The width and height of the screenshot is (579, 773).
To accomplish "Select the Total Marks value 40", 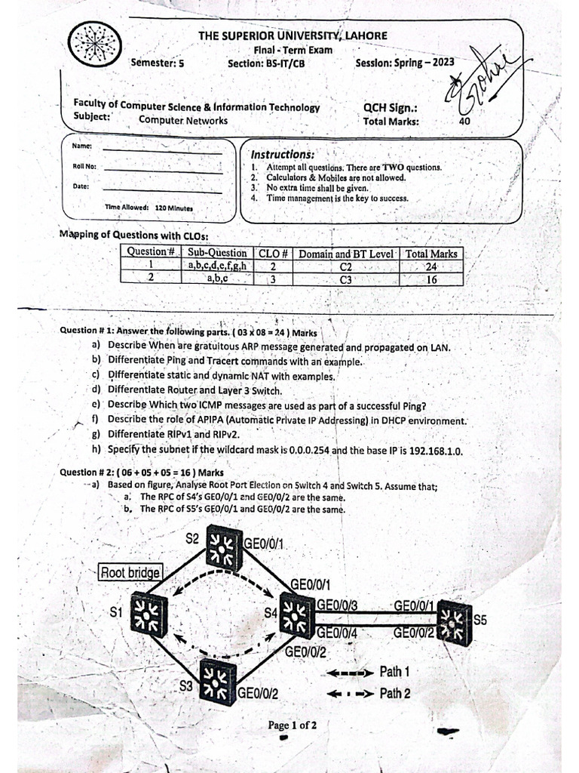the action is tap(464, 121).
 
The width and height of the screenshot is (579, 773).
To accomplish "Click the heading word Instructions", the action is tap(283, 154).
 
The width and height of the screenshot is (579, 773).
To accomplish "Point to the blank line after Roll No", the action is tap(162, 171).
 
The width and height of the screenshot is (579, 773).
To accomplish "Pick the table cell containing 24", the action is tap(431, 266).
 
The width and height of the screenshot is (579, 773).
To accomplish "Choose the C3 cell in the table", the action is tap(346, 279).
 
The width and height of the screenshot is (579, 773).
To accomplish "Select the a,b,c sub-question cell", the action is tap(217, 279).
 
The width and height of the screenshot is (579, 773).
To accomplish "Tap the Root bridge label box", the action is tap(130, 572).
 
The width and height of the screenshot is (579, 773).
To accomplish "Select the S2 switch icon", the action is tap(223, 548).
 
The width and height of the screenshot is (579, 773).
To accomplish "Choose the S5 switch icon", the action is tap(455, 622).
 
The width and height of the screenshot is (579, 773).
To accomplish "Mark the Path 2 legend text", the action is tap(395, 692).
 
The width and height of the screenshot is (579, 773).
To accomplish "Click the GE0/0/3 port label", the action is tap(338, 605).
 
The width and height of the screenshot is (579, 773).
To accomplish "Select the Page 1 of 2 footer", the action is tap(293, 725).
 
